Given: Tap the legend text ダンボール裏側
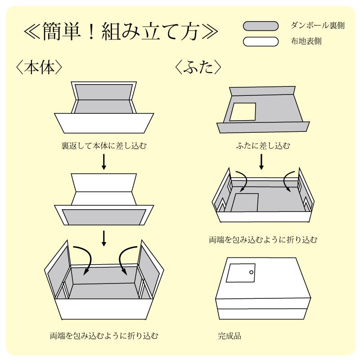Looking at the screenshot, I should (318, 26).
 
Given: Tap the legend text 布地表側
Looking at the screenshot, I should (306, 42).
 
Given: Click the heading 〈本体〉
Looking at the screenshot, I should (38, 67).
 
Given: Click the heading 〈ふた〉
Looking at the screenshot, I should (198, 67).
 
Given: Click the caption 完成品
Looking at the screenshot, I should (229, 335).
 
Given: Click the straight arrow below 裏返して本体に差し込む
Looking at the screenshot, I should (104, 162).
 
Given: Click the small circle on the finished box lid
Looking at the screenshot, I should (251, 272).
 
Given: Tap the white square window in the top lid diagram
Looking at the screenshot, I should (243, 112).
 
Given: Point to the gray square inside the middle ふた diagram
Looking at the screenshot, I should (246, 202).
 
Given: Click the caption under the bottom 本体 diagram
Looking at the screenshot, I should (104, 335).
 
